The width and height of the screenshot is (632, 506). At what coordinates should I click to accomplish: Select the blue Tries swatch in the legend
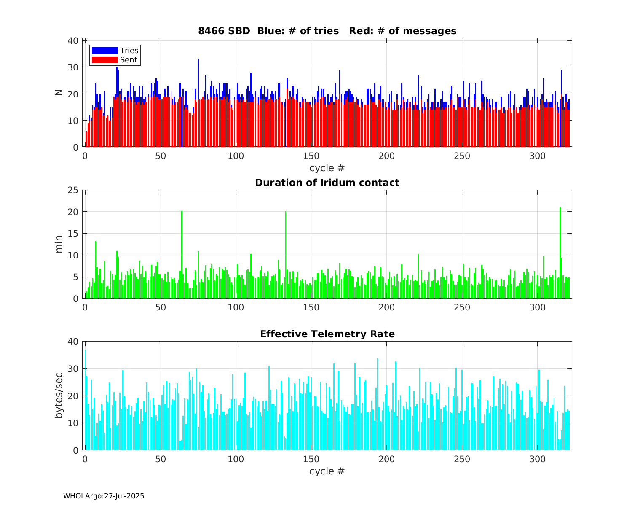104,51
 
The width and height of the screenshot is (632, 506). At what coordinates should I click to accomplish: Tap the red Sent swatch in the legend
104,60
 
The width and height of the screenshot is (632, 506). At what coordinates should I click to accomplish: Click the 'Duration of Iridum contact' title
327,183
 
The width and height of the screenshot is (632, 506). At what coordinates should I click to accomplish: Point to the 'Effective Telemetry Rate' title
327,334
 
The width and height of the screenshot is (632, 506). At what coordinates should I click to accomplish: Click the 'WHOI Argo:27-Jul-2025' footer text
104,496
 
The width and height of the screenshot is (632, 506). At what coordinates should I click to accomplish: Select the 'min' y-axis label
59,244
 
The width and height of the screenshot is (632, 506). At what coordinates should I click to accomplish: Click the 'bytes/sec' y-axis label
59,396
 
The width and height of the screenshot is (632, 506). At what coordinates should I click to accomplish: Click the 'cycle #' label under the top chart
327,168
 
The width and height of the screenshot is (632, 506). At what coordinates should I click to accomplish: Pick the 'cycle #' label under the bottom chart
327,471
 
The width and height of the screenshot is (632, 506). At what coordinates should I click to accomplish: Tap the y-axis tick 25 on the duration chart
74,190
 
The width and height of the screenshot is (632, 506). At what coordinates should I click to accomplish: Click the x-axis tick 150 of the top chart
311,155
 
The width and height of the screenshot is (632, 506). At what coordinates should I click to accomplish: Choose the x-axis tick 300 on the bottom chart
537,458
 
